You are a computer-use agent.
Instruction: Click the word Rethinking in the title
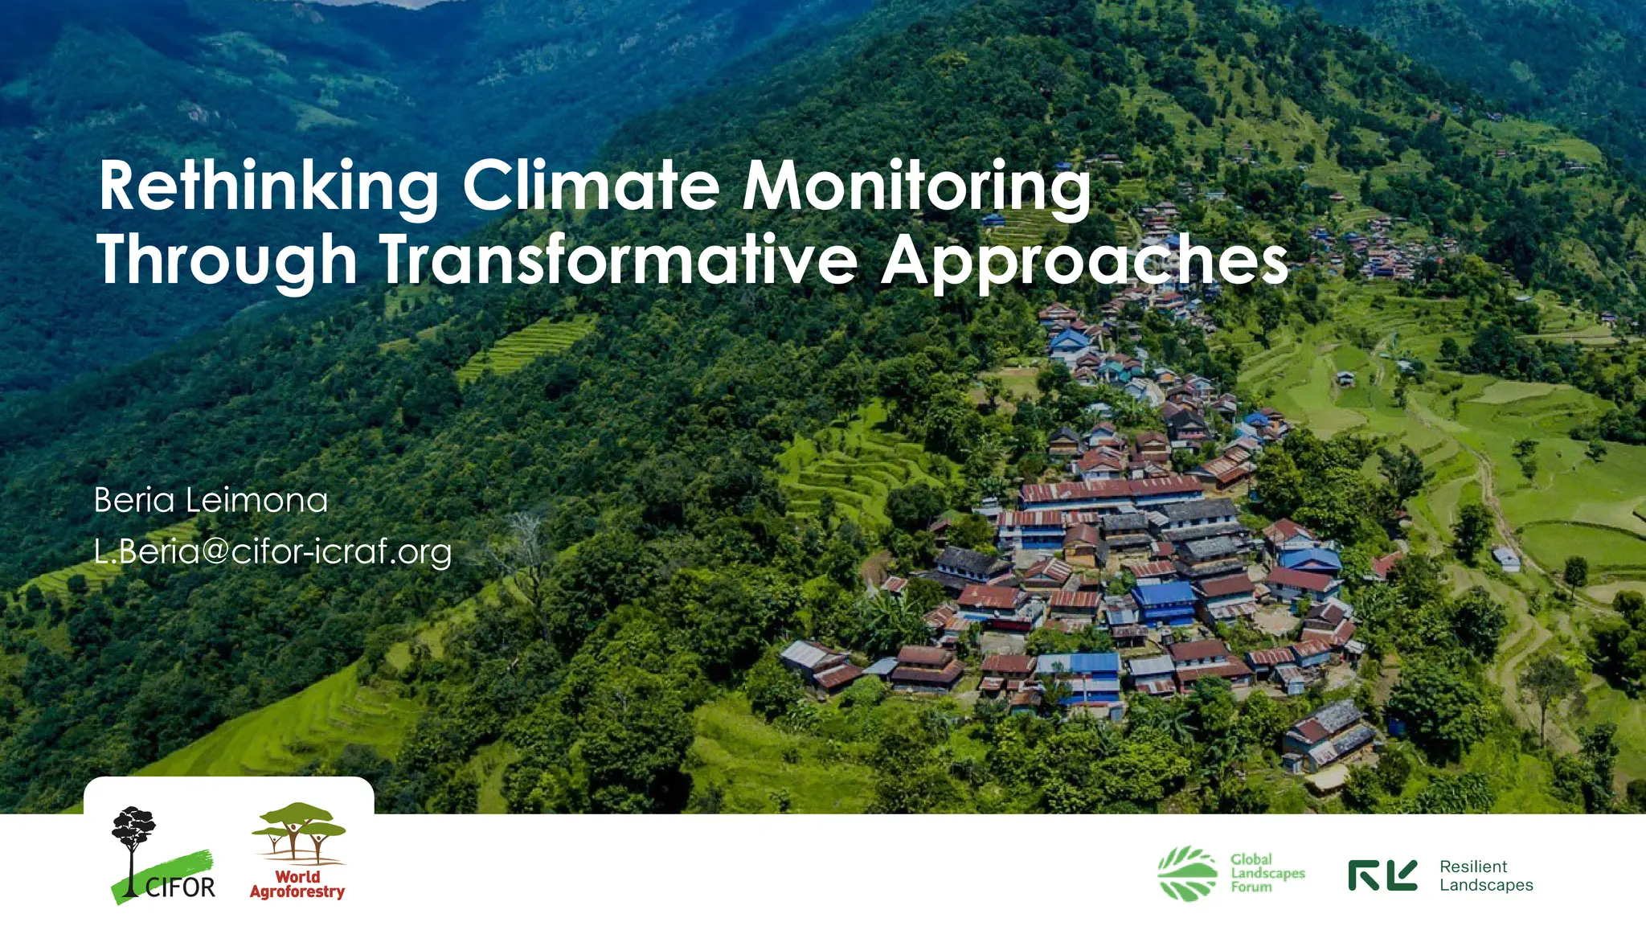[x=268, y=186]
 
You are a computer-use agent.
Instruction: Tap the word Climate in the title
[x=592, y=186]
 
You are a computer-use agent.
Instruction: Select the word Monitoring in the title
[x=916, y=186]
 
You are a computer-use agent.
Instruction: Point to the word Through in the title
[x=227, y=260]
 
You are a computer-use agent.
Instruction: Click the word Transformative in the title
[x=619, y=260]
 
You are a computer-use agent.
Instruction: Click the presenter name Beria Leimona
[x=211, y=500]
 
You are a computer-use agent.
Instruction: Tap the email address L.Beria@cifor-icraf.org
[x=272, y=552]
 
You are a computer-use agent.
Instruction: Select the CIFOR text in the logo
[x=180, y=887]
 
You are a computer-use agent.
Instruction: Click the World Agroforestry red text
[x=297, y=884]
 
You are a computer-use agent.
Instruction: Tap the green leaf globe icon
[x=1188, y=874]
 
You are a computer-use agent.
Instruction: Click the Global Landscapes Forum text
[x=1267, y=873]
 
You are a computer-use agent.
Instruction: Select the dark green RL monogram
[x=1382, y=875]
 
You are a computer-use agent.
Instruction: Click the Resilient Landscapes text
[x=1486, y=875]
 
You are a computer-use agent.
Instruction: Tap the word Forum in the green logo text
[x=1251, y=887]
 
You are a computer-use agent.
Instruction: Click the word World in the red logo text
[x=297, y=876]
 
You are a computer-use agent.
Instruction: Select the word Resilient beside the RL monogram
[x=1473, y=867]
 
